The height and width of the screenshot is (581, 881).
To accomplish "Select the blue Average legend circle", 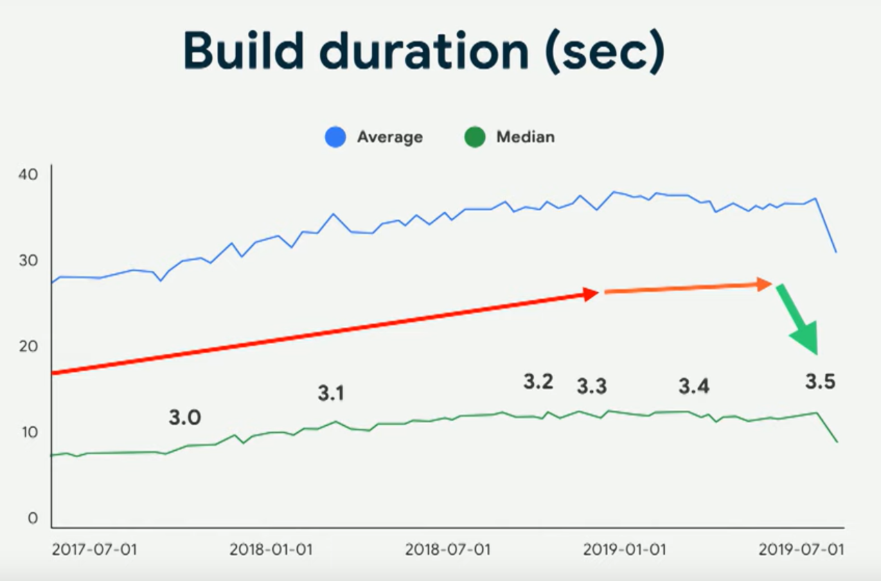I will pyautogui.click(x=335, y=137).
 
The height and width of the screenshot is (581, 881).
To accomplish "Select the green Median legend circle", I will pyautogui.click(x=474, y=137).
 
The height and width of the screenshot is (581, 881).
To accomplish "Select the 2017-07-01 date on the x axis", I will pyautogui.click(x=94, y=550).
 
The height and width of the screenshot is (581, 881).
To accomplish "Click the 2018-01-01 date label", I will pyautogui.click(x=271, y=550).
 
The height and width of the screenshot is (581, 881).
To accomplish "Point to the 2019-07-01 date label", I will pyautogui.click(x=801, y=550).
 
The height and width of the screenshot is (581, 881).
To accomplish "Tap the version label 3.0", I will pyautogui.click(x=184, y=418).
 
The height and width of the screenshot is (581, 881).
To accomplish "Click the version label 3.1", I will pyautogui.click(x=331, y=394).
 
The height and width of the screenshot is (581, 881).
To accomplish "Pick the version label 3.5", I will pyautogui.click(x=820, y=382).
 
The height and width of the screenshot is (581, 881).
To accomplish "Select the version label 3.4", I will pyautogui.click(x=694, y=387).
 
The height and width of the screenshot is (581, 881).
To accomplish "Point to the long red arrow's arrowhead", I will pyautogui.click(x=590, y=294).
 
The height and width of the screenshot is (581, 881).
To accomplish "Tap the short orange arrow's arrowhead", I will pyautogui.click(x=764, y=283).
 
